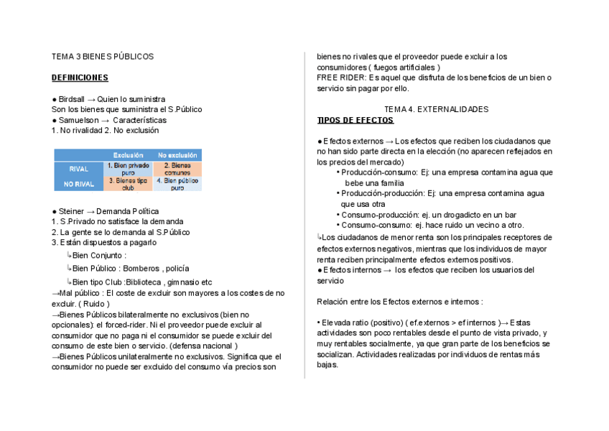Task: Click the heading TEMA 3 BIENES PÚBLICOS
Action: tap(103, 56)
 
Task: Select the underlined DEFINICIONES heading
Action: tap(80, 78)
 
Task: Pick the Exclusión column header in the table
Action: tap(128, 155)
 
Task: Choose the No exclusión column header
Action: tap(177, 155)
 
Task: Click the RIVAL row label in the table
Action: tap(79, 170)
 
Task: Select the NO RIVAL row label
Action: tap(79, 184)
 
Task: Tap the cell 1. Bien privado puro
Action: tap(128, 169)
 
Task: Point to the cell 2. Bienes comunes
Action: tap(177, 169)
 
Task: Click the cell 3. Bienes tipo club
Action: tap(128, 184)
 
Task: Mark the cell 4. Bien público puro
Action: tap(177, 184)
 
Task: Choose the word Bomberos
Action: tap(142, 268)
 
